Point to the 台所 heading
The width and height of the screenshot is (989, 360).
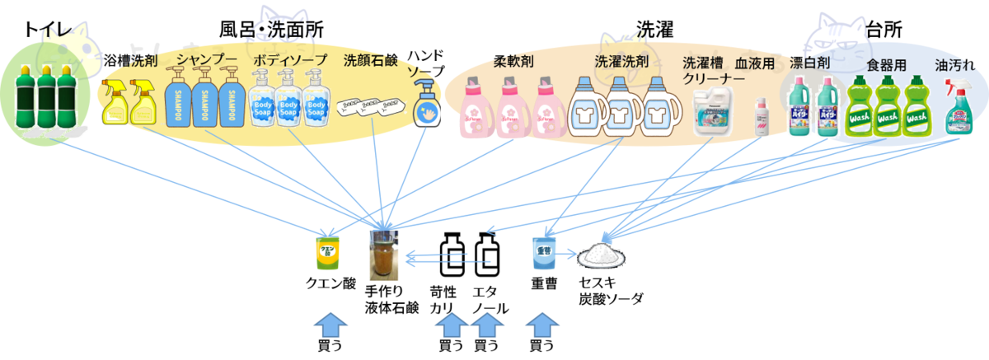click(x=884, y=30)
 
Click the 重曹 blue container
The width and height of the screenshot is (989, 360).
click(x=544, y=254)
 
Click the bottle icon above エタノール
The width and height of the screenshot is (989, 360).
click(x=487, y=255)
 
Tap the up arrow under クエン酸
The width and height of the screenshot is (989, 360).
click(x=330, y=323)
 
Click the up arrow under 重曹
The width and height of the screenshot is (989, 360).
click(x=540, y=323)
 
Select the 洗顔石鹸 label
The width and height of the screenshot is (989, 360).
click(x=370, y=60)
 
